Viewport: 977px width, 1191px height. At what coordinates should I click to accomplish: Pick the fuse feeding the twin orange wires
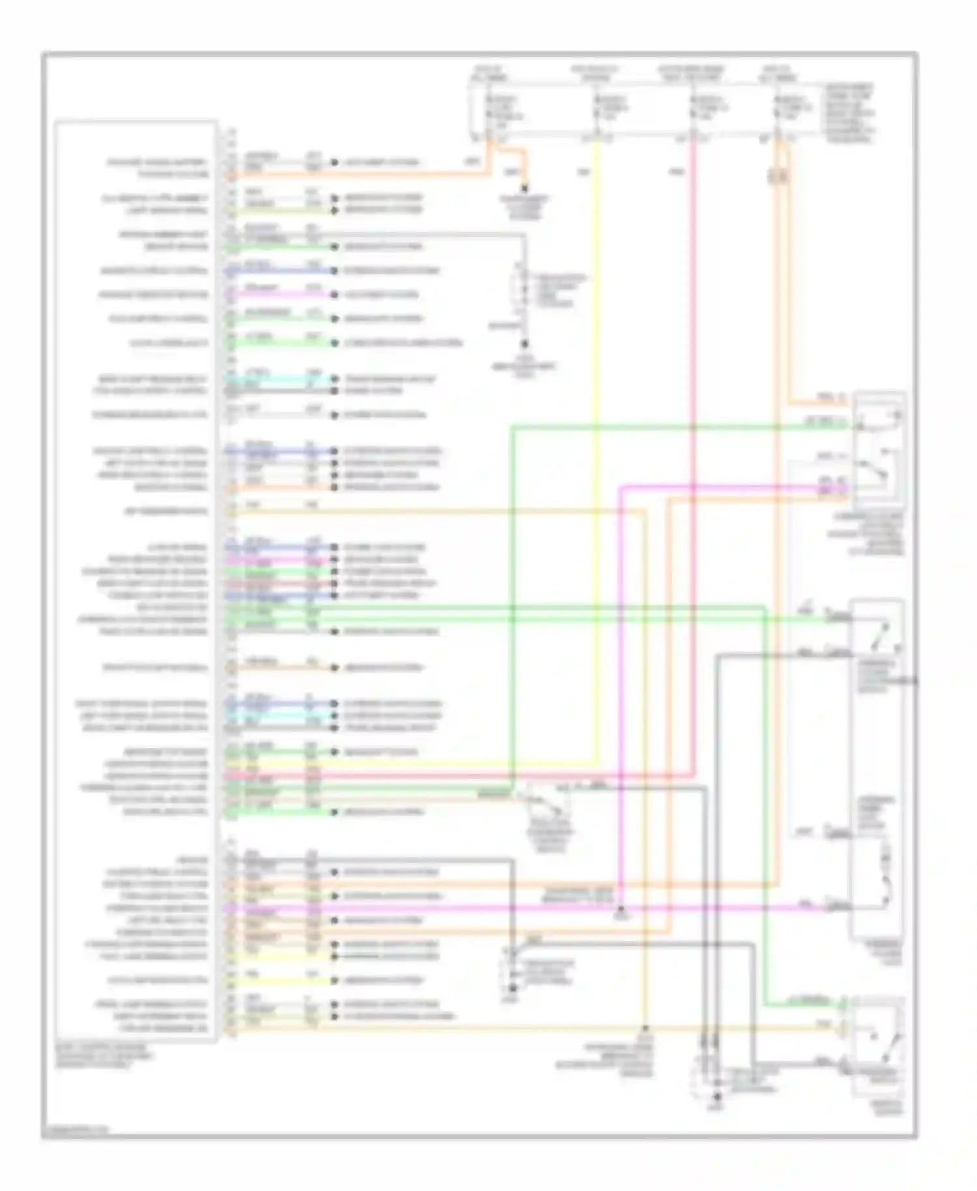point(778,108)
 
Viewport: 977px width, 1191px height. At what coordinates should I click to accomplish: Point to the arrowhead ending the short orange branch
point(525,190)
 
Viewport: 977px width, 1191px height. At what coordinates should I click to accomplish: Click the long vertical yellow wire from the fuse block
point(596,456)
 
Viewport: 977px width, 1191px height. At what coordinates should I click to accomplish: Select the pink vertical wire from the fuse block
point(694,456)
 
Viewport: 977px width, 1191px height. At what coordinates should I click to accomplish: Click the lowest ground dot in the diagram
point(716,1098)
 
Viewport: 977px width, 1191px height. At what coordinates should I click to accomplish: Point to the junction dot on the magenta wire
point(621,908)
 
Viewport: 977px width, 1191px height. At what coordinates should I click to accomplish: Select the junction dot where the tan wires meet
point(645,1029)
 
